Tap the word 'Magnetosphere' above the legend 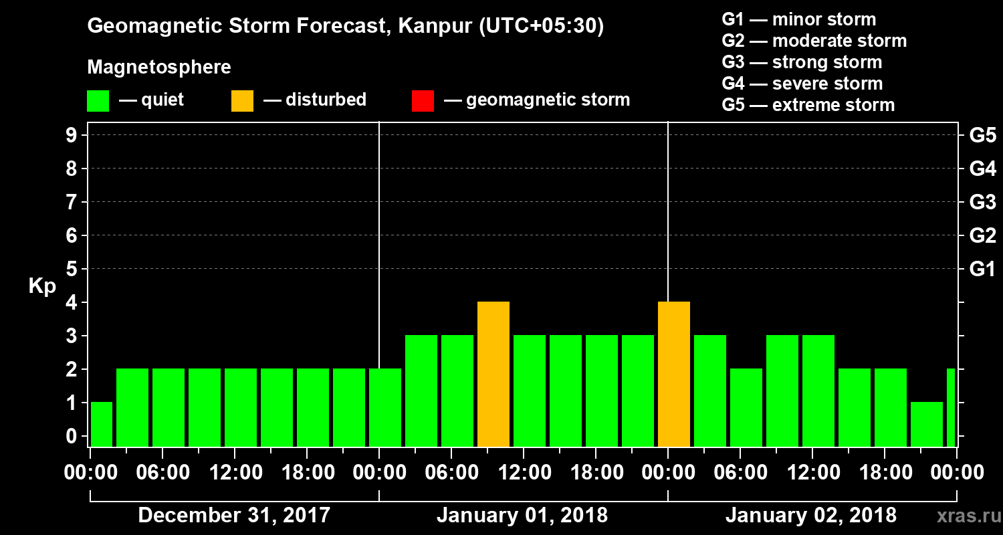pos(159,68)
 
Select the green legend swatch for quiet pos(98,101)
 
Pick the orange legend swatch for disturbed pos(242,101)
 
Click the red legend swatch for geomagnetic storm pos(423,101)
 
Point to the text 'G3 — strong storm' pos(802,62)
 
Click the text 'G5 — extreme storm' pos(808,105)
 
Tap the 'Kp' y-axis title pos(42,286)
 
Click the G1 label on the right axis pos(982,269)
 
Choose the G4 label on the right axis pos(982,169)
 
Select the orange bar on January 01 pos(493,374)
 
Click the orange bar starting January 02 pos(674,374)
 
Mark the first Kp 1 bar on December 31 pos(102,424)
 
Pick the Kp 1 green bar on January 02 pos(927,424)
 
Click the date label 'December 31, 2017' pos(234,516)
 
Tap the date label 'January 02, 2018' pos(811,516)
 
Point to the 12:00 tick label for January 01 pos(524,473)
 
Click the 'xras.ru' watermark pos(964,516)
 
